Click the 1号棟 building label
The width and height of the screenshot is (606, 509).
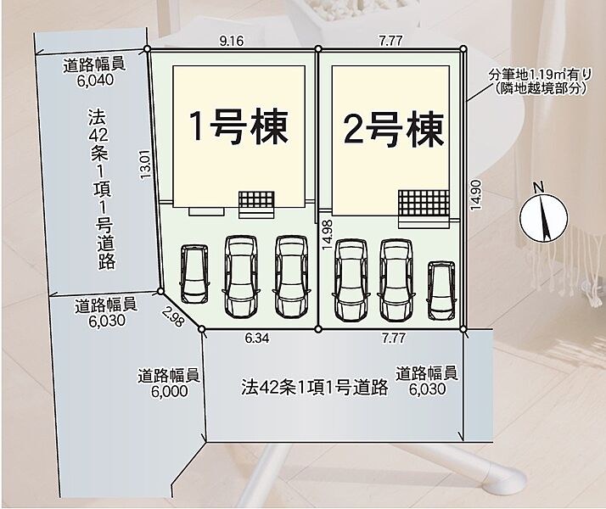pyautogui.click(x=238, y=126)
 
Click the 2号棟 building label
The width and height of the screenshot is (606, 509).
pyautogui.click(x=394, y=129)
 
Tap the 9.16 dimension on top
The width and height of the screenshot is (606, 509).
pyautogui.click(x=232, y=41)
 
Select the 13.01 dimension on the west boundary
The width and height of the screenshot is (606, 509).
pyautogui.click(x=145, y=164)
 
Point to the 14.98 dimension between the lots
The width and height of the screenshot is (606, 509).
pyautogui.click(x=327, y=234)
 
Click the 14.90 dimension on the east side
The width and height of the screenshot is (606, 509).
pyautogui.click(x=475, y=195)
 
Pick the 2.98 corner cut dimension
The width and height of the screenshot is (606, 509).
pyautogui.click(x=172, y=316)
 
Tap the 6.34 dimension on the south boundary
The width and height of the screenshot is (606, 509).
pyautogui.click(x=257, y=338)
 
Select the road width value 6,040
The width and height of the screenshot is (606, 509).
pyautogui.click(x=95, y=80)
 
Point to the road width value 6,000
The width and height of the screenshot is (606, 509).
pyautogui.click(x=169, y=391)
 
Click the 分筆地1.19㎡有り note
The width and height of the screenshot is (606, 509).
pyautogui.click(x=540, y=74)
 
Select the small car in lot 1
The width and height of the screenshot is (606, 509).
pyautogui.click(x=194, y=274)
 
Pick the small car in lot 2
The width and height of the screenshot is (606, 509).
pyautogui.click(x=441, y=290)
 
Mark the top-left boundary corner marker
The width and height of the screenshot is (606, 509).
pyautogui.click(x=147, y=48)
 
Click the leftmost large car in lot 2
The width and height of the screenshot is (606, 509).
pyautogui.click(x=351, y=280)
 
